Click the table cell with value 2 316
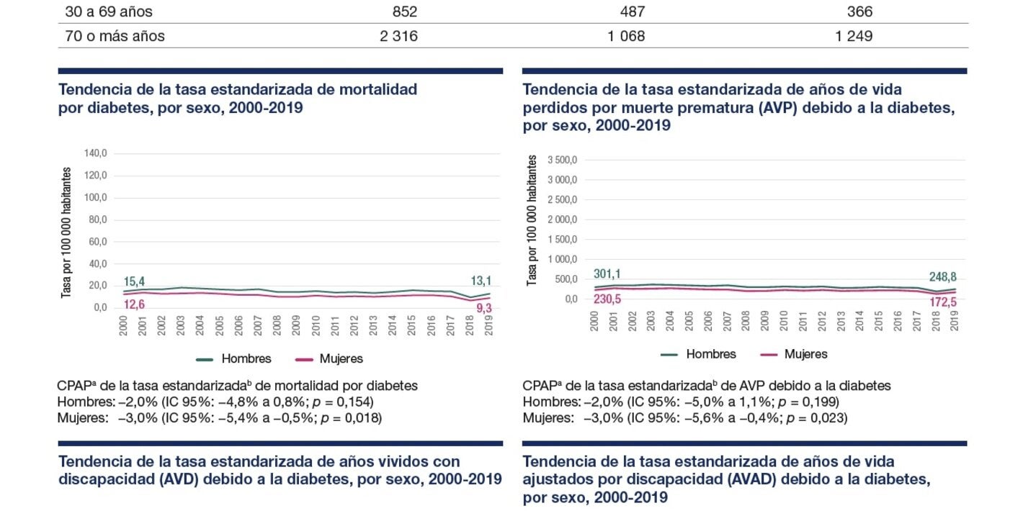[x=398, y=36]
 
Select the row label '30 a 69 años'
[x=109, y=12]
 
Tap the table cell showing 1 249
[x=854, y=36]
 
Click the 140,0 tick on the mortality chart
[x=95, y=153]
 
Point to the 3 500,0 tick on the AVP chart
[x=563, y=160]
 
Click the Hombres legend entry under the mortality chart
[x=234, y=358]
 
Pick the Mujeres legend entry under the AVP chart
[x=795, y=354]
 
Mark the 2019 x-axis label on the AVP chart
[x=955, y=320]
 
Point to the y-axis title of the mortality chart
[x=66, y=232]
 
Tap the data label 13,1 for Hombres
[x=482, y=281]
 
